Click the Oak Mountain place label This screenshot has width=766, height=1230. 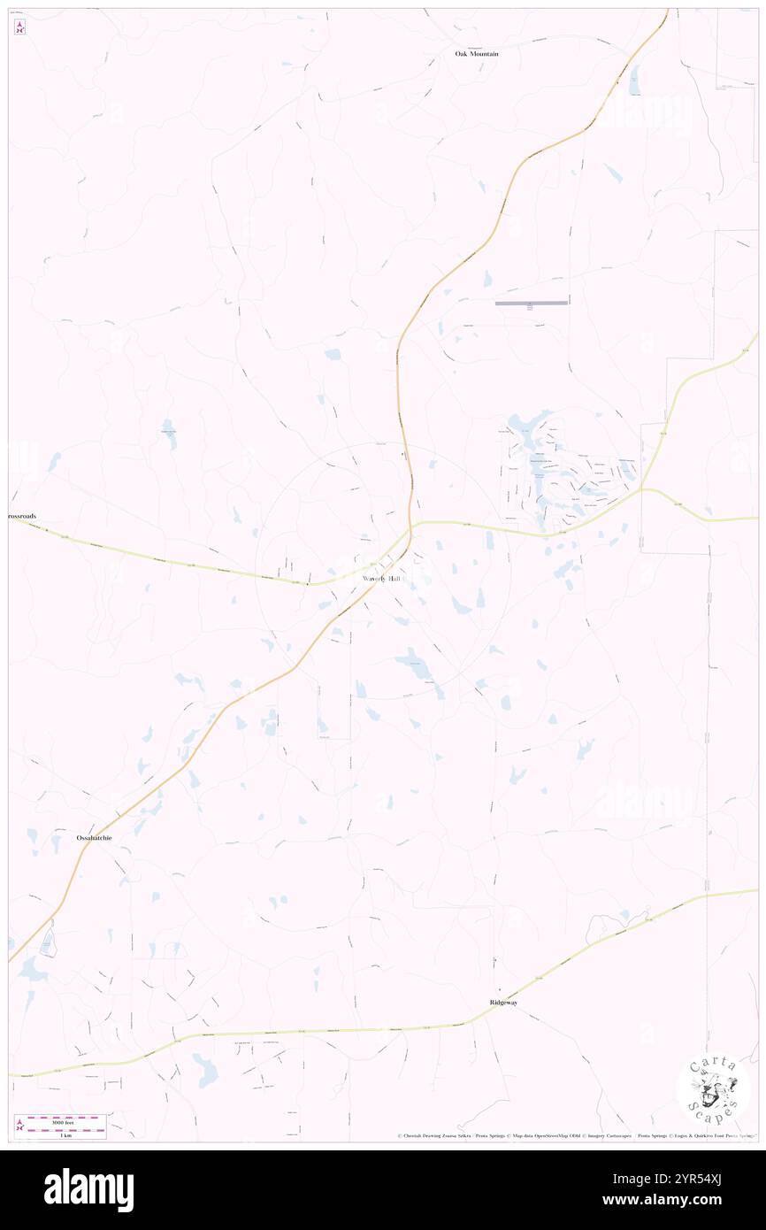(x=477, y=54)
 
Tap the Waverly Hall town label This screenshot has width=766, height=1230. (x=381, y=578)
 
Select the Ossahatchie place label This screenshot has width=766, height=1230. (x=94, y=837)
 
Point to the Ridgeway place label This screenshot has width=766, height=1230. (x=503, y=1003)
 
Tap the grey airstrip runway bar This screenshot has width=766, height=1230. (x=531, y=303)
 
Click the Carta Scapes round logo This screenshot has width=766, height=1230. (x=713, y=1090)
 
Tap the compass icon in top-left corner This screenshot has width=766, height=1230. (x=19, y=27)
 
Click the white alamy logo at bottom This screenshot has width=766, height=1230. (x=88, y=1190)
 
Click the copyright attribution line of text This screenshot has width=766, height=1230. (x=575, y=1136)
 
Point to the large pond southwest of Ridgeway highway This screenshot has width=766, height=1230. (x=205, y=1070)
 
